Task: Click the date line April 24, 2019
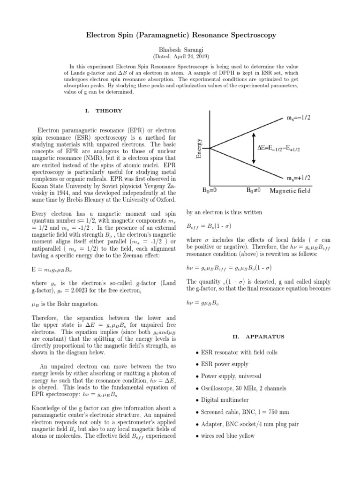click(180, 56)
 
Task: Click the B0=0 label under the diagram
click(212, 191)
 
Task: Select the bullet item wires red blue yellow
click(227, 436)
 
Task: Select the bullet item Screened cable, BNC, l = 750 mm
click(244, 412)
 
